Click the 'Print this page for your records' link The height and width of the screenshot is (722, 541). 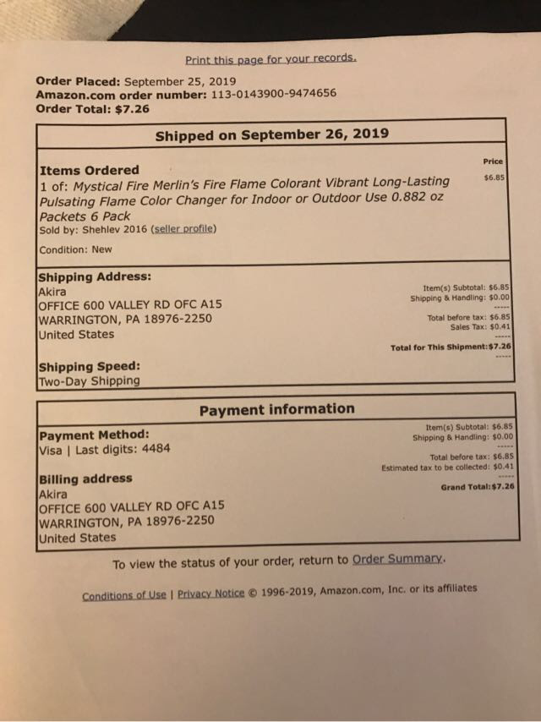(270, 59)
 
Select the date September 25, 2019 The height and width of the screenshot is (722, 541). (180, 81)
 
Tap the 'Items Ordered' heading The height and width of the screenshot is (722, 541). (90, 170)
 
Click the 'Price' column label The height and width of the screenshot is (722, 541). (493, 161)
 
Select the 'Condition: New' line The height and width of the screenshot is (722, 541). (75, 249)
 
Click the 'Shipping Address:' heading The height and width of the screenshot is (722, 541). (96, 276)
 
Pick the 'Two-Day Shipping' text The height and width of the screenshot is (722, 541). (90, 381)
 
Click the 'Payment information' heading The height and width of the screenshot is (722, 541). (277, 409)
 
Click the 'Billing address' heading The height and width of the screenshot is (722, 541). (85, 479)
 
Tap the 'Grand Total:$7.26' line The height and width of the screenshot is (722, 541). (478, 487)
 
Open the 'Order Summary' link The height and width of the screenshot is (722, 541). (396, 560)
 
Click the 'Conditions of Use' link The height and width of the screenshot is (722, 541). (124, 595)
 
